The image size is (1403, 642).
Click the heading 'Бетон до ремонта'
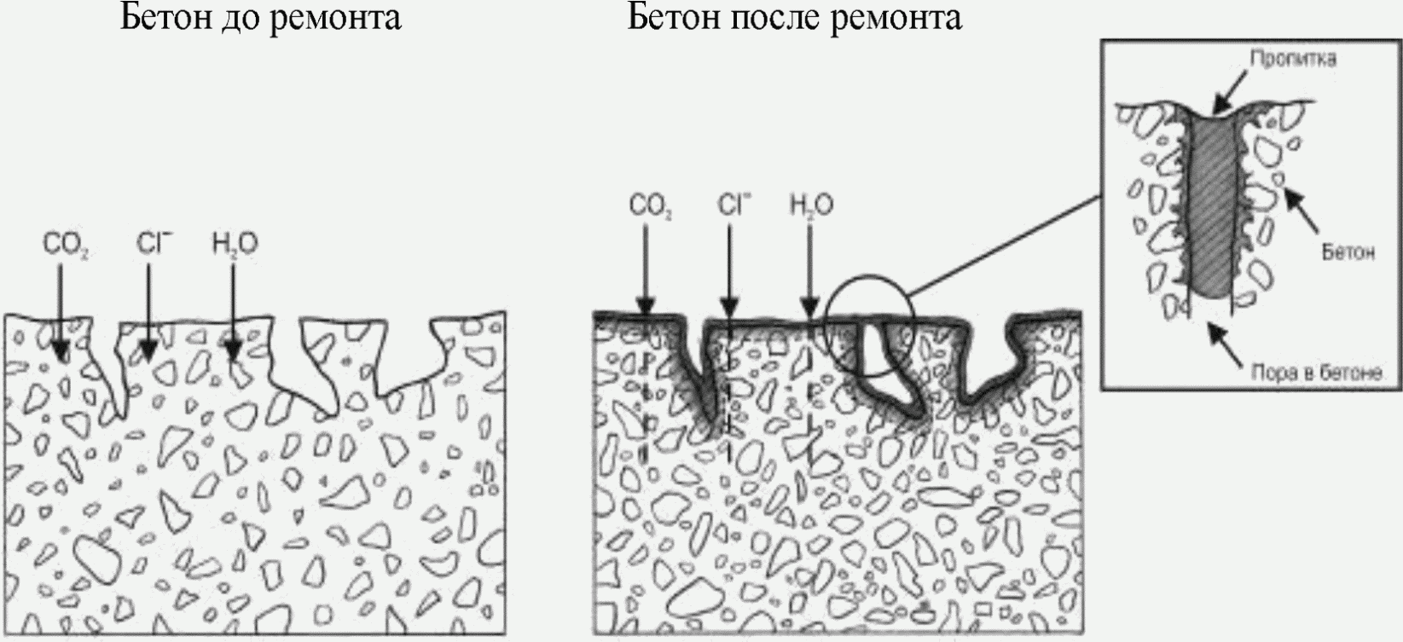pyautogui.click(x=260, y=16)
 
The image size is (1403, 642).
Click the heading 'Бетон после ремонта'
pyautogui.click(x=794, y=16)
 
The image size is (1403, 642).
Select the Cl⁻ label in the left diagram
pyautogui.click(x=154, y=244)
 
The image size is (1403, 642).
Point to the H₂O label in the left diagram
pyautogui.click(x=235, y=246)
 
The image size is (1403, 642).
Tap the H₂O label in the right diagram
pyautogui.click(x=812, y=205)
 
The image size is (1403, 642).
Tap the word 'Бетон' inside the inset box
pyautogui.click(x=1348, y=252)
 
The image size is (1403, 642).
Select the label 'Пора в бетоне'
pyautogui.click(x=1316, y=373)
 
